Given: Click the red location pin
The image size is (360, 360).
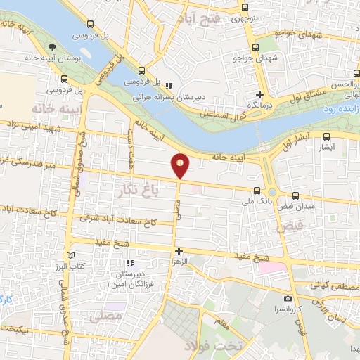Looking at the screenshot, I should tap(181, 165).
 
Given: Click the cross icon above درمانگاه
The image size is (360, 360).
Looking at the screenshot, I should tap(259, 94).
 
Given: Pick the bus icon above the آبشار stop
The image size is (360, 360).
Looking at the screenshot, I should tap(326, 138).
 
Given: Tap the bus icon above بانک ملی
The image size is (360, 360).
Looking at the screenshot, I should tap(256, 189).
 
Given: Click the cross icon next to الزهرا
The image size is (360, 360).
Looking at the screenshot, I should tap(179, 251).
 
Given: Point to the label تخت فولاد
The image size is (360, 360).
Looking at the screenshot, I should tap(213, 347).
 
